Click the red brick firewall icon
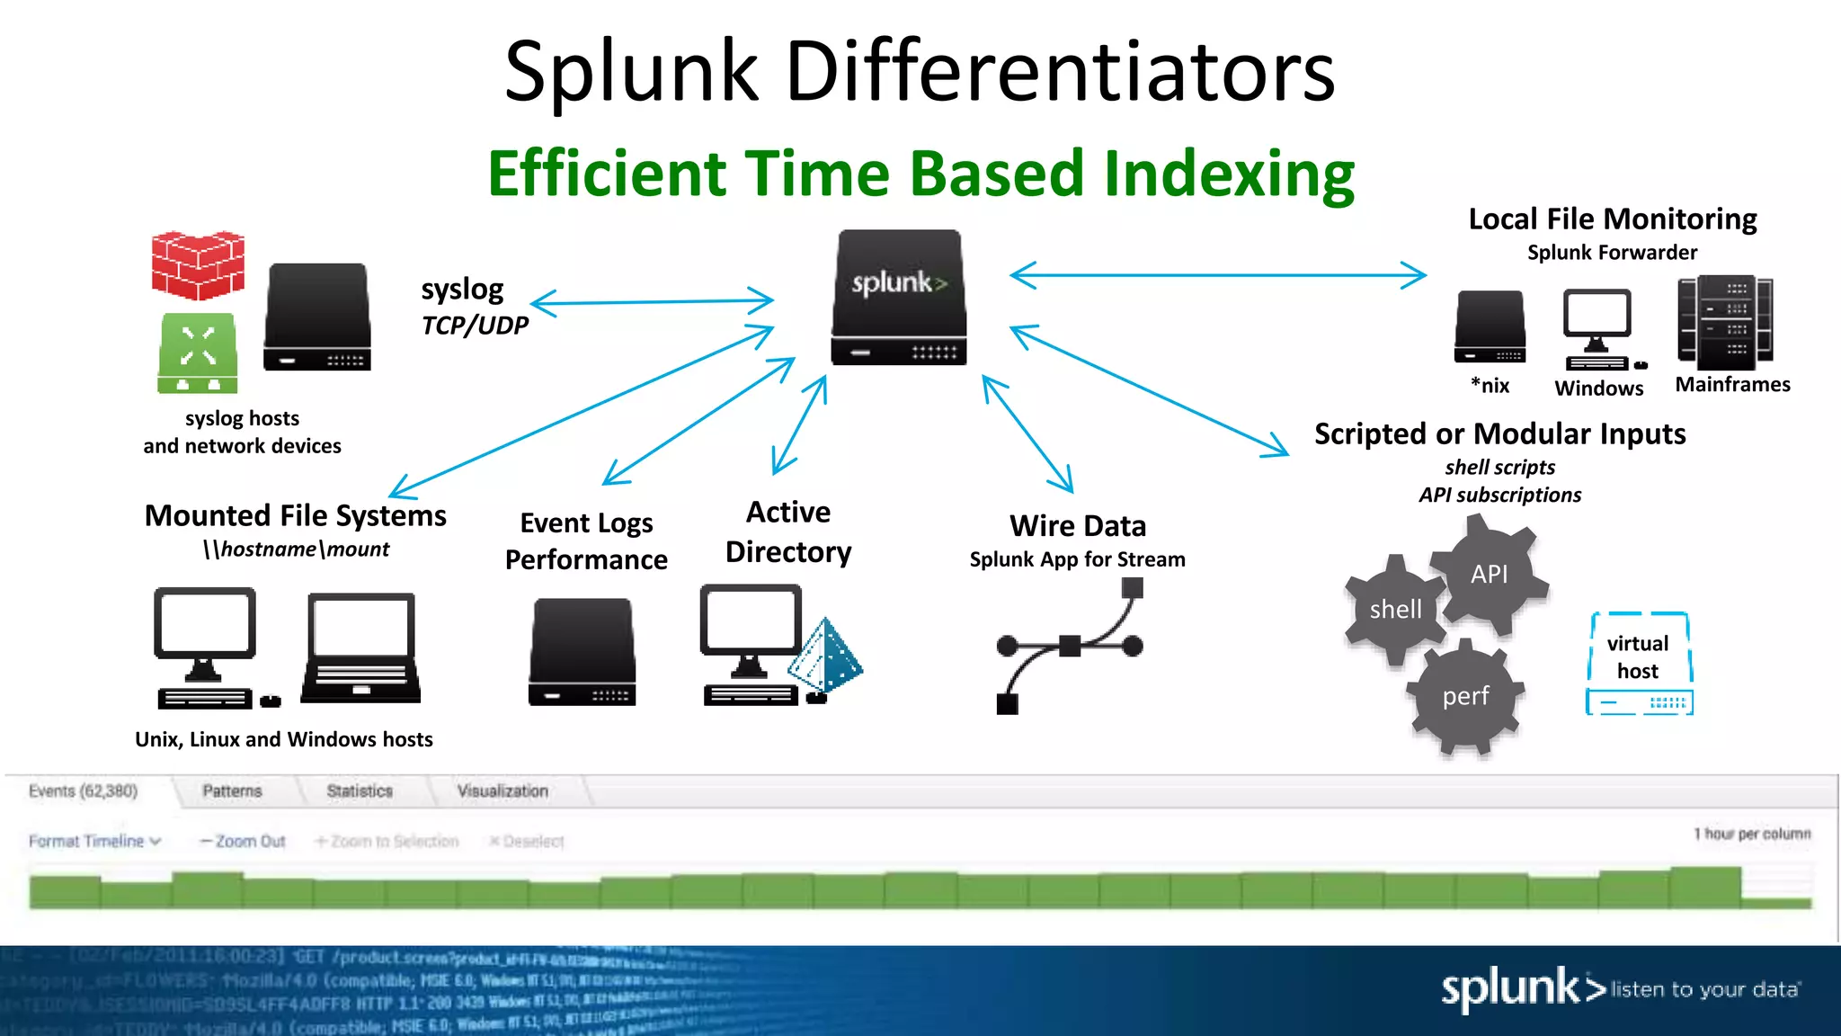tap(198, 265)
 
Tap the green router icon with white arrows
tap(198, 353)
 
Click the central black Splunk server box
tap(899, 297)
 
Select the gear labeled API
tap(1489, 574)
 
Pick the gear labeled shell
tap(1395, 610)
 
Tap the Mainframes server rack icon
tap(1725, 322)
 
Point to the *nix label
tap(1490, 386)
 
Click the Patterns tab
tap(232, 791)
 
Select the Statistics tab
tap(360, 791)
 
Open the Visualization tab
tap(502, 791)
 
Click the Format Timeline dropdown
tap(94, 842)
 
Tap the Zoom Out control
tap(243, 842)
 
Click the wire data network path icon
tap(1070, 646)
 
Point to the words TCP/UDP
tap(475, 326)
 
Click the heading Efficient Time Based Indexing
tap(920, 173)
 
